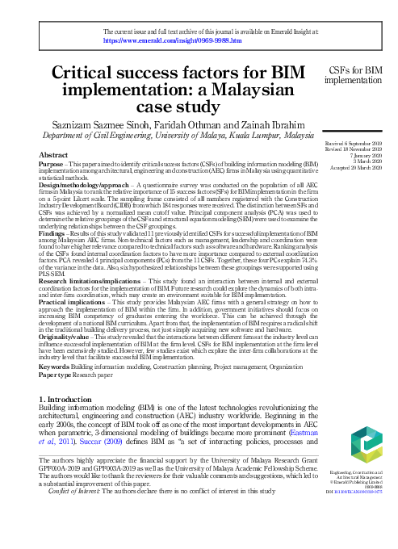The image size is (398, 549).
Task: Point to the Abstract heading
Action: pyautogui.click(x=53, y=153)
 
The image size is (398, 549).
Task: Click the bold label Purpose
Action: pyautogui.click(x=52, y=163)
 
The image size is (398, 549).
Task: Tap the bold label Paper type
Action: pyautogui.click(x=59, y=375)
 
